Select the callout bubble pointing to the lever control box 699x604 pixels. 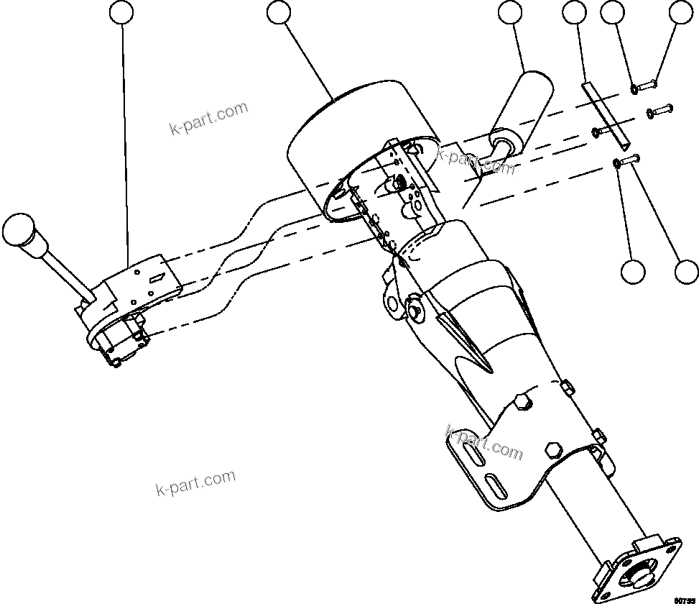pos(123,12)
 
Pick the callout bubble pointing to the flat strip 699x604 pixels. pos(575,12)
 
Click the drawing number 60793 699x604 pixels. pos(685,598)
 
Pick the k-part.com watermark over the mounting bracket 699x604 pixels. pos(484,441)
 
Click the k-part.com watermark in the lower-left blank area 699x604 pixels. pos(195,483)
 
